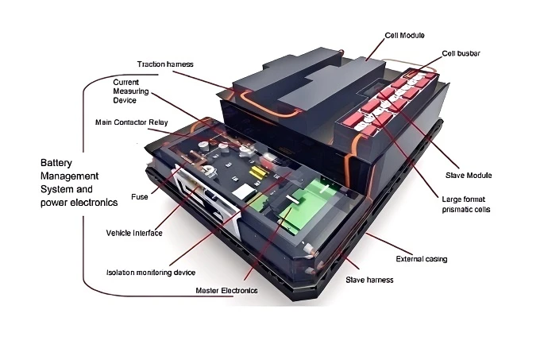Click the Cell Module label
click(x=404, y=36)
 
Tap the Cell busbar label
click(x=461, y=53)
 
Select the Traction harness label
click(x=165, y=64)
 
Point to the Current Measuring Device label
click(x=131, y=91)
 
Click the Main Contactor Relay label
click(x=132, y=122)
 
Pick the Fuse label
click(x=140, y=197)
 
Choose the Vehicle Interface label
click(x=134, y=233)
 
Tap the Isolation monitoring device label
click(x=151, y=273)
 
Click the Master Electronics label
click(x=226, y=291)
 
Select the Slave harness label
click(x=369, y=280)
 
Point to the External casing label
click(x=422, y=259)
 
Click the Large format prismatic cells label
click(x=466, y=204)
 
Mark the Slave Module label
click(x=469, y=176)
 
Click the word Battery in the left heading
click(x=56, y=163)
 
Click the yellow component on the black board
click(x=258, y=172)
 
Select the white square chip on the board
click(x=244, y=192)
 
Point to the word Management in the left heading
click(x=69, y=176)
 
